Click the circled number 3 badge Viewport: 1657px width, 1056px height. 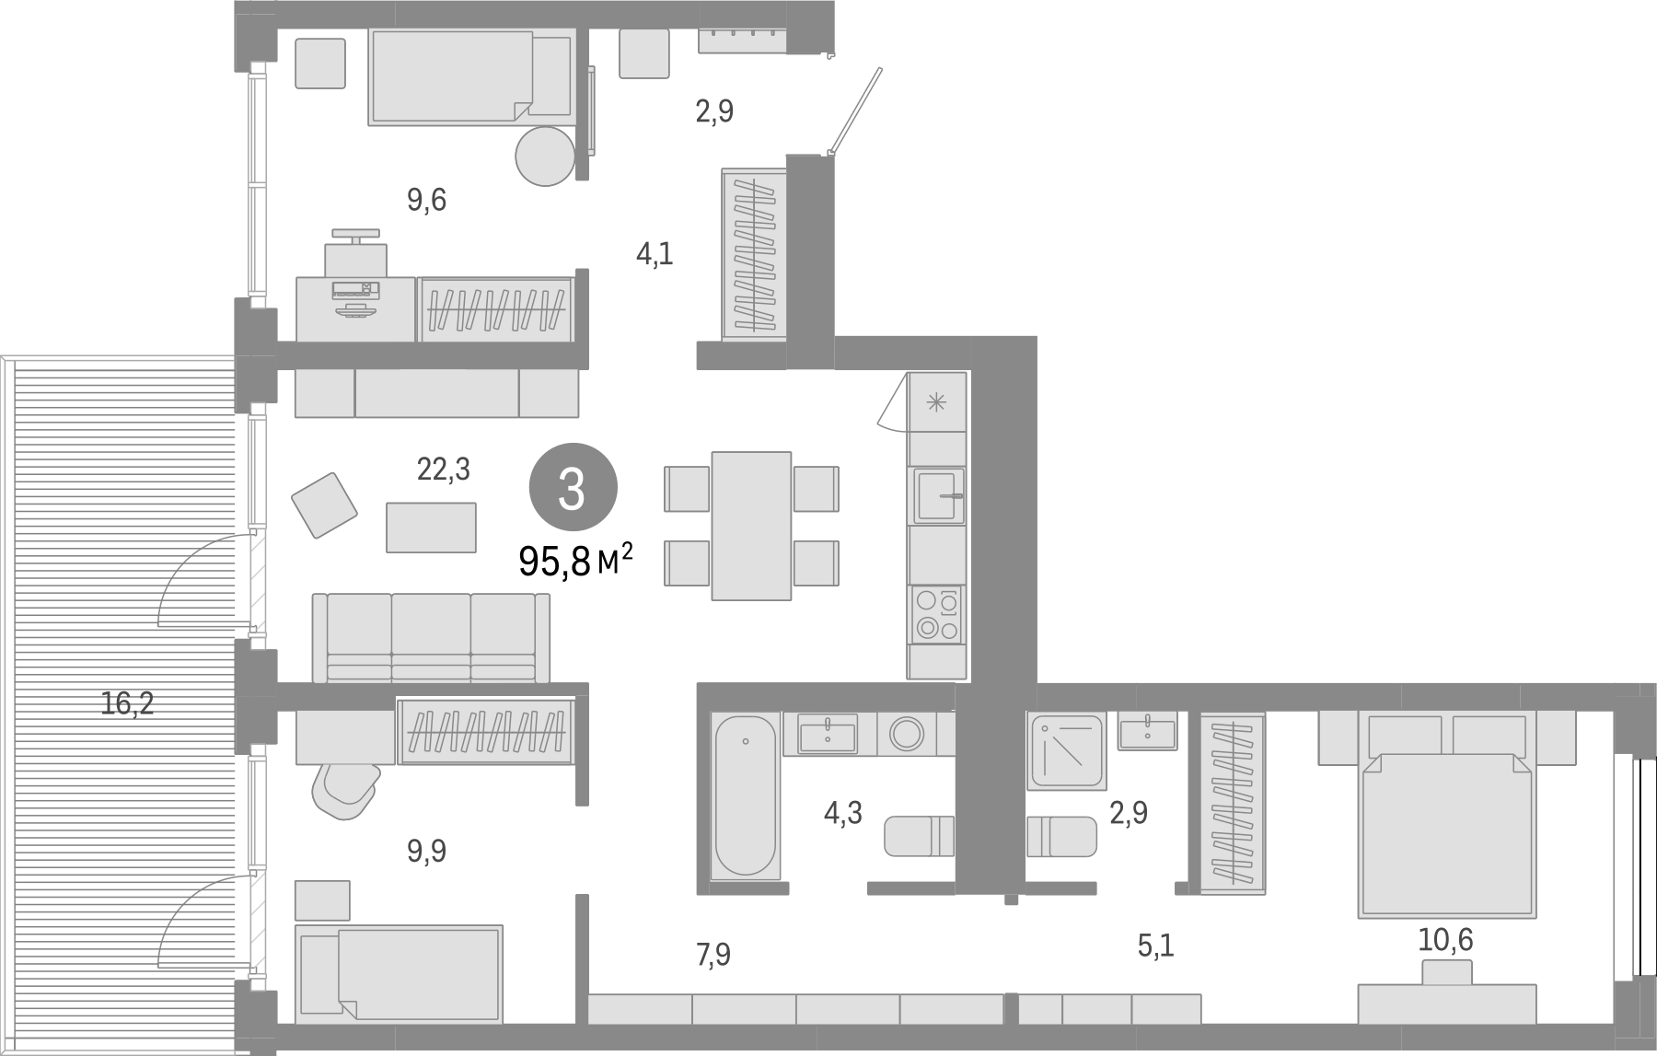[572, 487]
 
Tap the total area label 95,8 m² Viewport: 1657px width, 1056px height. [576, 560]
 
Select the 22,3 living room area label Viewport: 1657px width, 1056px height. [443, 470]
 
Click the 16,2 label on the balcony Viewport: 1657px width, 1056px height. [127, 704]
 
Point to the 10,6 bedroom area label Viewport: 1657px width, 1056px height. [1445, 940]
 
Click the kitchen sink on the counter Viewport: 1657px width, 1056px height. [936, 495]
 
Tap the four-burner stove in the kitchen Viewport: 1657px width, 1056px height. [936, 614]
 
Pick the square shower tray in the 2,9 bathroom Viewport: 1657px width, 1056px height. [1066, 751]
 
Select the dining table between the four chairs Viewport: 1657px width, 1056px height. [751, 526]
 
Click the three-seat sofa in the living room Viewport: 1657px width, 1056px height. [431, 637]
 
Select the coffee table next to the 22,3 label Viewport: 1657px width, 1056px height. [431, 527]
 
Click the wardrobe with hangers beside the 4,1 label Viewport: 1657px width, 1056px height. [753, 254]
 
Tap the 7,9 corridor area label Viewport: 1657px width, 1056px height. [713, 956]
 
